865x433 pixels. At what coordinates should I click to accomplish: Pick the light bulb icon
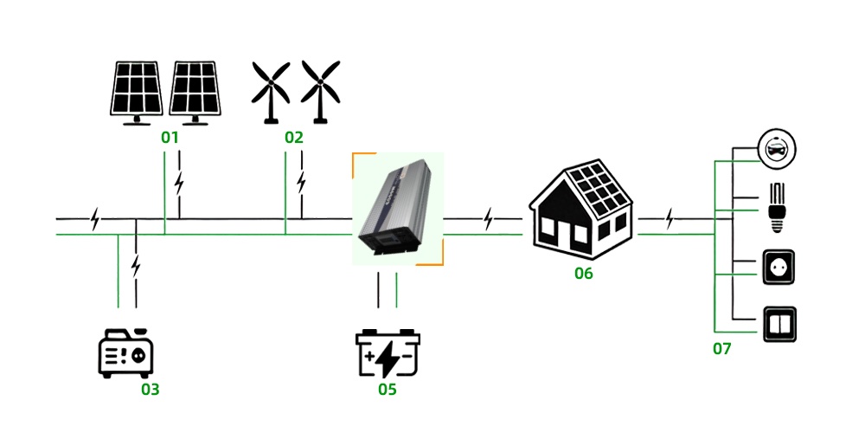(776, 208)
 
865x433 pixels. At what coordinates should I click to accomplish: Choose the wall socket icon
(776, 268)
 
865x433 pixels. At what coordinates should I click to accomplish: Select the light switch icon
(776, 324)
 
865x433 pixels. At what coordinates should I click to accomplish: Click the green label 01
(170, 137)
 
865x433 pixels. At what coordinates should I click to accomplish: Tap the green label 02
(294, 137)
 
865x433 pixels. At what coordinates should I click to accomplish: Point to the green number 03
(151, 389)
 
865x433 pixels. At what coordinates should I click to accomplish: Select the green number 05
(387, 389)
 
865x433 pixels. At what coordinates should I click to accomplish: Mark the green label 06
(584, 274)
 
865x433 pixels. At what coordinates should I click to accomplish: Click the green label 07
(722, 349)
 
